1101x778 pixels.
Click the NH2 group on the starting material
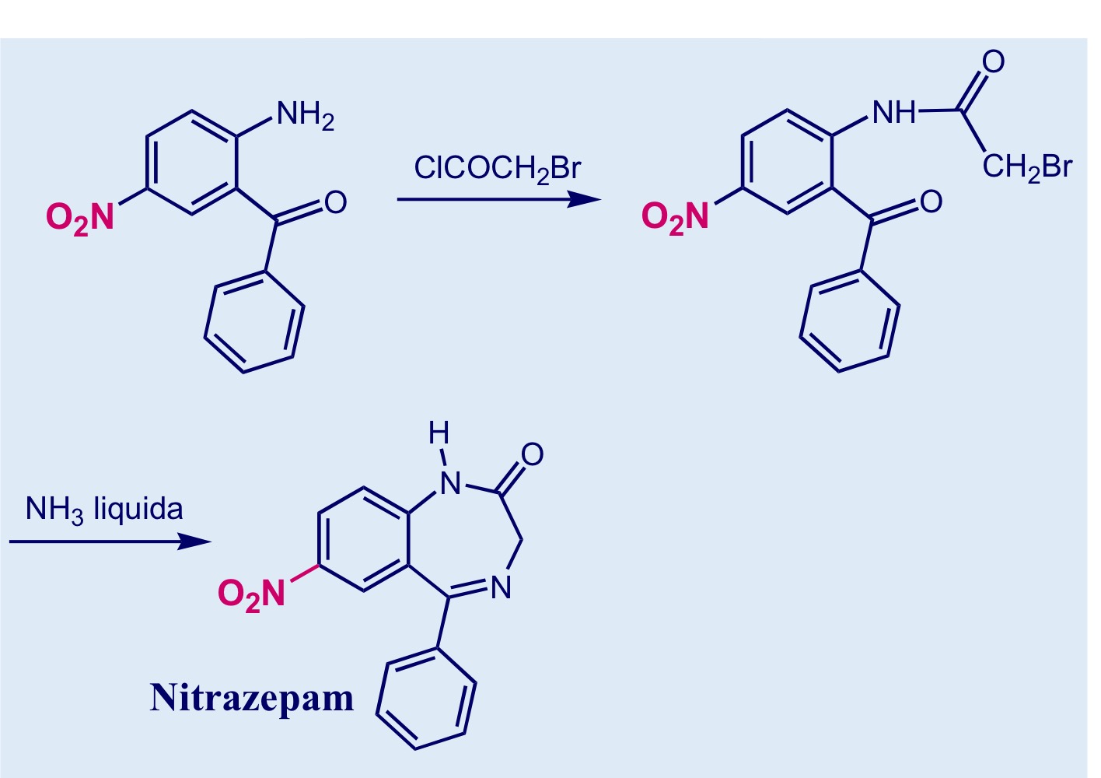click(306, 116)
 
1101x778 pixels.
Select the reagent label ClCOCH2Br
click(498, 169)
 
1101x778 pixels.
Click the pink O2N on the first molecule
click(80, 218)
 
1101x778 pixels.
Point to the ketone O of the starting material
click(336, 202)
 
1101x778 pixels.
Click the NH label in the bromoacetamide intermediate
click(894, 113)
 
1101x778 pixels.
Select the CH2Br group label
click(1027, 167)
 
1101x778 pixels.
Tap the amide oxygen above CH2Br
click(994, 62)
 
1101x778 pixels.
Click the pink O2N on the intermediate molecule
click(676, 217)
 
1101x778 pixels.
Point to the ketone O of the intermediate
click(931, 202)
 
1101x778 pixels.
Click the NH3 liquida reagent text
click(104, 509)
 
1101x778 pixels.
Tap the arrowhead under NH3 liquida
click(194, 541)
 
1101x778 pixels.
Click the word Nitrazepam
click(252, 697)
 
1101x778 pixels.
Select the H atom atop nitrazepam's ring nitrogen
click(439, 433)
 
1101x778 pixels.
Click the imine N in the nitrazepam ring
click(502, 587)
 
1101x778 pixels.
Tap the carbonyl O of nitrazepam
click(533, 454)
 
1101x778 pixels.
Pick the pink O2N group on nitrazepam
click(251, 594)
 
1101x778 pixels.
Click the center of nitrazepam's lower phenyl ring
click(425, 699)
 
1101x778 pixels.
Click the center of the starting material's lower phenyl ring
click(254, 321)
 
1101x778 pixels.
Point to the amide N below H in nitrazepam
click(451, 482)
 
